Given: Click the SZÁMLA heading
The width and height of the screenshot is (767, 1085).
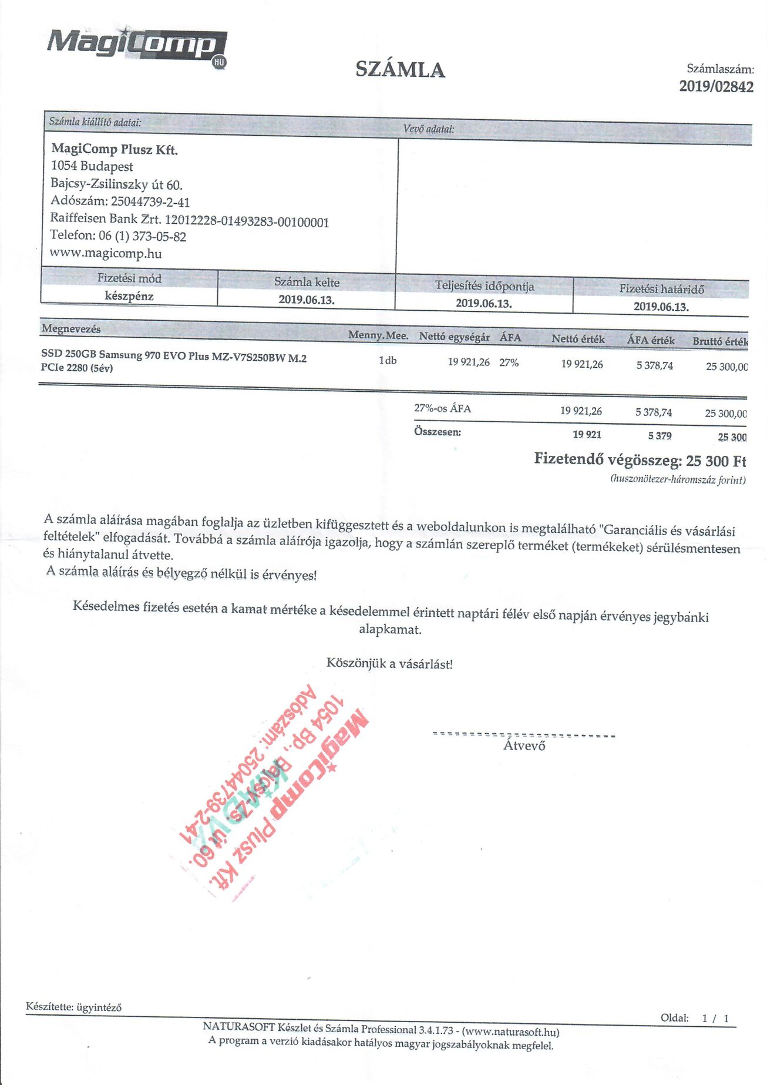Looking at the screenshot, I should (400, 70).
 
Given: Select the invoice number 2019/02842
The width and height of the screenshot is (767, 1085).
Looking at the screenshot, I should (716, 87).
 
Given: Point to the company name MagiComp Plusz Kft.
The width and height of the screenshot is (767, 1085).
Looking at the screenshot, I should (115, 149).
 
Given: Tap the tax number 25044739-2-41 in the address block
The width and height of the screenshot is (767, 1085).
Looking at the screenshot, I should (150, 202).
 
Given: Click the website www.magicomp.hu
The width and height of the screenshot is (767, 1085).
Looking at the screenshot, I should (106, 254).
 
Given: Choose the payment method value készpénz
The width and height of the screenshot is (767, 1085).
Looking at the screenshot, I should (129, 296).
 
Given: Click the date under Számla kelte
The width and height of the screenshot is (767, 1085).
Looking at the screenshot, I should (307, 300).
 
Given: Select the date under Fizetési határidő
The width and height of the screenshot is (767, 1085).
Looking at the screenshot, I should (661, 307).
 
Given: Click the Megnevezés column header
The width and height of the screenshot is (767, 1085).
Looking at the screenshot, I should (71, 329).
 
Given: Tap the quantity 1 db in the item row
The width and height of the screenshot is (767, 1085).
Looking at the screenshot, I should (388, 361).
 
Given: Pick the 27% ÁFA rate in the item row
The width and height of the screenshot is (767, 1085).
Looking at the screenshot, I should (509, 363).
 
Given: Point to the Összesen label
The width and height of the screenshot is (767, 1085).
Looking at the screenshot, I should (438, 432).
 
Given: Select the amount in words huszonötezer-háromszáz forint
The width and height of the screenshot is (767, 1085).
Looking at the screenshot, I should (678, 479).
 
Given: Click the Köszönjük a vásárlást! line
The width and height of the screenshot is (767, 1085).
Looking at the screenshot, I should (389, 664).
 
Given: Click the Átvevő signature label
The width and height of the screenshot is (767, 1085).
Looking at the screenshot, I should (524, 746).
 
